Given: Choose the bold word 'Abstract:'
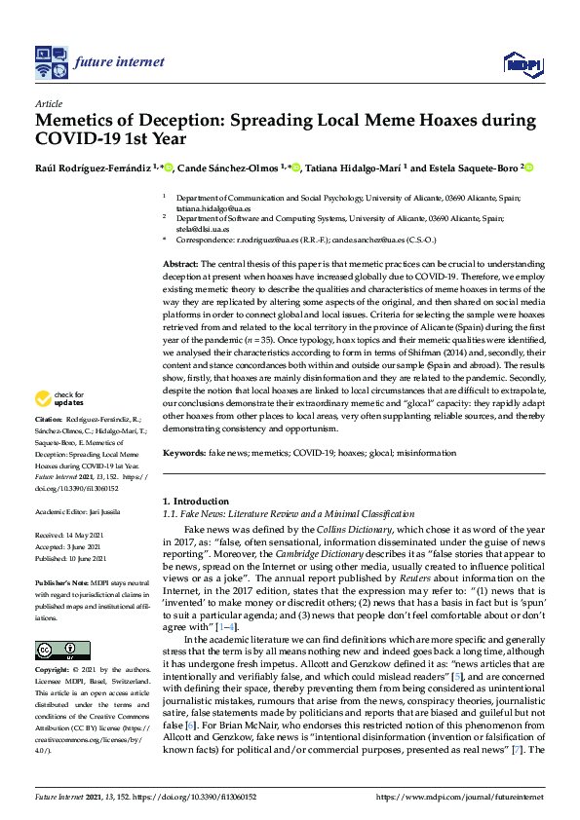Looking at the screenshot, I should pos(179,264).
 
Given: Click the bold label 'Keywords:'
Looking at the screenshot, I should pos(183,454).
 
